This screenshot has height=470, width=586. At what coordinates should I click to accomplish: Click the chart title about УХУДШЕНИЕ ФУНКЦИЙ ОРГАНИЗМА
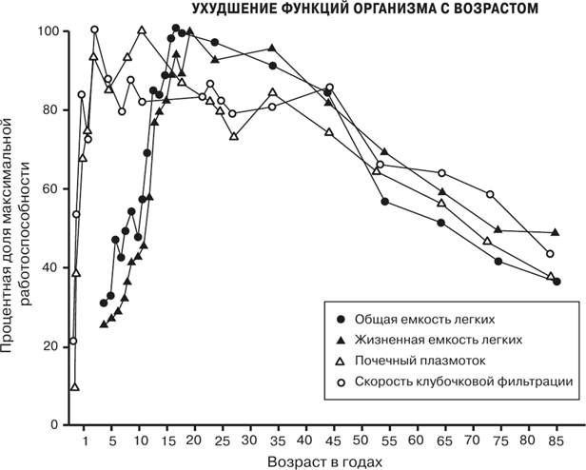pos(364,9)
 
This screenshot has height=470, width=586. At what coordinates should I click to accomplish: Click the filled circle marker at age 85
pos(557,282)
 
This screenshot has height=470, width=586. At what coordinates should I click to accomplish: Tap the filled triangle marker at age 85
pos(556,232)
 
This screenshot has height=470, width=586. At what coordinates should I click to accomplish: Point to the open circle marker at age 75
pos(490,194)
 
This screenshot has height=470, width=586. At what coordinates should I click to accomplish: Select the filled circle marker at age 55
pos(384,201)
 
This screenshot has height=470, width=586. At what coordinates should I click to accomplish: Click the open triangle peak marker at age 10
pos(142,29)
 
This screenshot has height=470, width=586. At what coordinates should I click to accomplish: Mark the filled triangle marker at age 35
pos(273,48)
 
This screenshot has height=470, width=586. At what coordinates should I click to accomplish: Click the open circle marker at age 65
pos(441,172)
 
